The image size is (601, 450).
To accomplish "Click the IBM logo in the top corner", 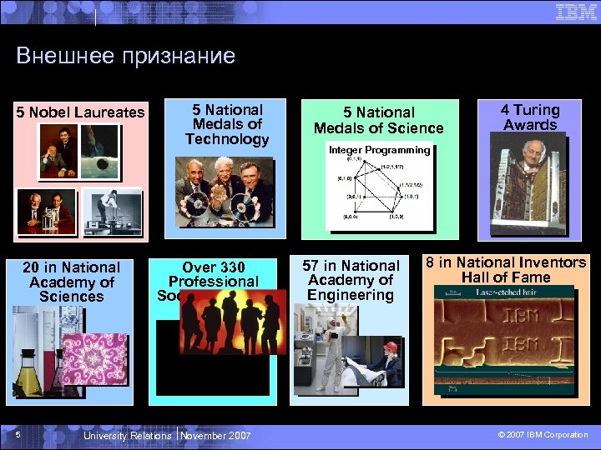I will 575,12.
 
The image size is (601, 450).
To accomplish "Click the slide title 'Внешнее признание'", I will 126,56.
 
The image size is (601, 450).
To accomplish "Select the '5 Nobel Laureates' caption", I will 81,112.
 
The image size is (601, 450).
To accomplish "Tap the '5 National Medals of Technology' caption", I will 226,124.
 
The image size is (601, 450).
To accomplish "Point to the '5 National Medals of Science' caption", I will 378,120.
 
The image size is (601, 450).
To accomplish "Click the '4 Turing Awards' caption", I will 530,117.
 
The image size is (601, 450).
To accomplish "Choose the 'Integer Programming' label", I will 379,151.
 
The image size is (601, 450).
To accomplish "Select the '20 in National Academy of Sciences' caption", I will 71,282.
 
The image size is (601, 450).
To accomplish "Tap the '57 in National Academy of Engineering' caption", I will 351,280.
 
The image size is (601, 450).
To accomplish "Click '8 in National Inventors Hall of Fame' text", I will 506,270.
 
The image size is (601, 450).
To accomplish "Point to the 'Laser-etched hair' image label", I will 506,292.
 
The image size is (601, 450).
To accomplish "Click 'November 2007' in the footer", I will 215,435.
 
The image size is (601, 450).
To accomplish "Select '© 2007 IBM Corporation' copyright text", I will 543,435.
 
